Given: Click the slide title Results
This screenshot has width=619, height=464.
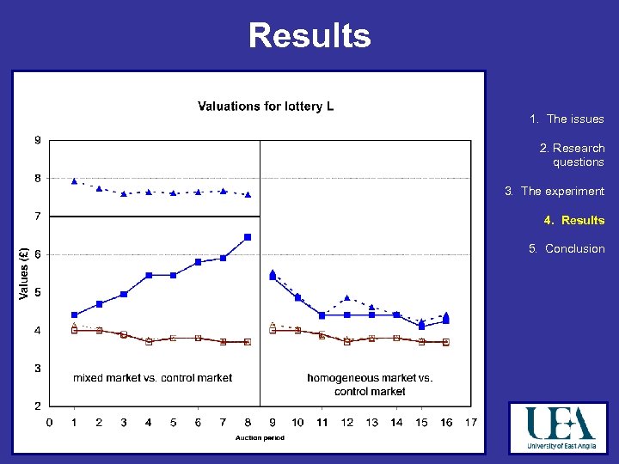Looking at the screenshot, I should click(309, 36).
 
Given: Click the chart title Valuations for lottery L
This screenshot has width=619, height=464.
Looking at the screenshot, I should click(266, 107).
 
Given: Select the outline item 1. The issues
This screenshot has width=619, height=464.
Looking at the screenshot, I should click(567, 119).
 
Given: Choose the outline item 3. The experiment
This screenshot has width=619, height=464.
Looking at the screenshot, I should click(555, 191).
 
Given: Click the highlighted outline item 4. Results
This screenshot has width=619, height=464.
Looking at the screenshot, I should click(573, 220).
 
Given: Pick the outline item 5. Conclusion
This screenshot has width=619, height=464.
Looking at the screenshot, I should click(567, 248).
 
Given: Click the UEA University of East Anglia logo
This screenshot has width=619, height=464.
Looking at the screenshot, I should click(560, 427).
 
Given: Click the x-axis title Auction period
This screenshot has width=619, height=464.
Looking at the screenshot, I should click(260, 437).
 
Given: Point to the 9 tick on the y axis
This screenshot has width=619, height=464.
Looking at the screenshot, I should click(37, 140).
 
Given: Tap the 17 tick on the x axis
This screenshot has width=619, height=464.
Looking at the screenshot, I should click(470, 422).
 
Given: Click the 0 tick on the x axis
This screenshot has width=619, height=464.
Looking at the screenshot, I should click(49, 422).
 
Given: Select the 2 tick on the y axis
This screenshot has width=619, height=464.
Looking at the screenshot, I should click(37, 406).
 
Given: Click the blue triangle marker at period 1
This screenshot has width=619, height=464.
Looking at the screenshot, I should click(74, 181).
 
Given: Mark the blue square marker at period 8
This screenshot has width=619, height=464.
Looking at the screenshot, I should click(248, 237).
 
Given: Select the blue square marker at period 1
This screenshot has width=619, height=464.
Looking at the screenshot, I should click(74, 314).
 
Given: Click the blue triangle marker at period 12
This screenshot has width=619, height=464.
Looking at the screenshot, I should click(347, 298).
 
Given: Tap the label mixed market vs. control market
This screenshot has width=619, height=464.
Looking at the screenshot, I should click(152, 377).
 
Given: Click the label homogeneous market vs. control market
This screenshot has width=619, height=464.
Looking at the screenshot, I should click(370, 384).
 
